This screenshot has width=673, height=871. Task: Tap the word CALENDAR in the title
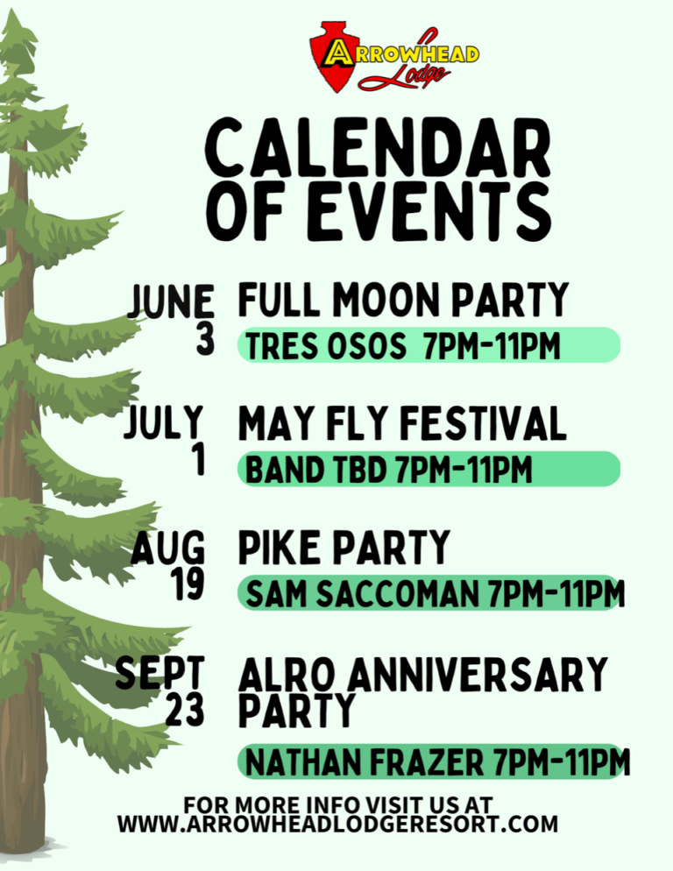[378, 149]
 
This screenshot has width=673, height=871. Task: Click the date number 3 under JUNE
[205, 339]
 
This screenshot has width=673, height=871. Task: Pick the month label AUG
[168, 549]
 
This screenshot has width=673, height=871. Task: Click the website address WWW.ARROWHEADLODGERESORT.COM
[337, 825]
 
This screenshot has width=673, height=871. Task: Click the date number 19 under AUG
[188, 586]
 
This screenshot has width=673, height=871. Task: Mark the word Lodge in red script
[405, 76]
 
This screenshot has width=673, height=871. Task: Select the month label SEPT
[160, 674]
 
